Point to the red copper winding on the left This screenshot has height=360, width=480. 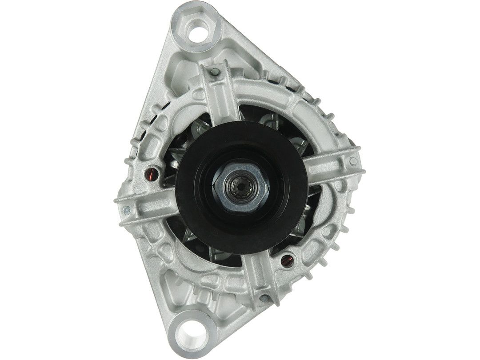point(151,172)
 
